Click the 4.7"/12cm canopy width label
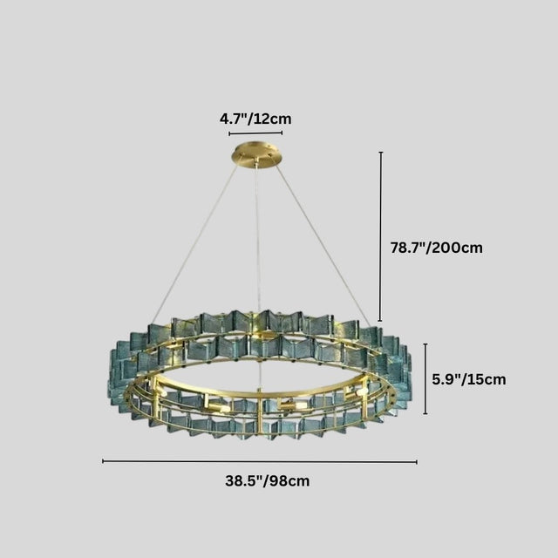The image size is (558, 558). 255,117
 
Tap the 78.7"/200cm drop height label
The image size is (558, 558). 436,248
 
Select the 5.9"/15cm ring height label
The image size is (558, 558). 469,379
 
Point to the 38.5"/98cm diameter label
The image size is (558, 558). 267,480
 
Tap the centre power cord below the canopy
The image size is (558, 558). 257,235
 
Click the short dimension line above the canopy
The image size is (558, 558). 255,133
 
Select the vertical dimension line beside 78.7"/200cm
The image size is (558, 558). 380,235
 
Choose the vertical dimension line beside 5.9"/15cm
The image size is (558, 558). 425,379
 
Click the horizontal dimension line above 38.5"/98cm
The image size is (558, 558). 260,461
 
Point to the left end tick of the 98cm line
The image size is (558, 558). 103,461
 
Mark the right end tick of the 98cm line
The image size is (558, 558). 417,461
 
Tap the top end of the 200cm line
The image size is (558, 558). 380,153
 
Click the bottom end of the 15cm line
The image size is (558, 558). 425,414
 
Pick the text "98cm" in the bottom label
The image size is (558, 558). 290,480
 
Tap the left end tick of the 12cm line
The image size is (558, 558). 229,133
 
